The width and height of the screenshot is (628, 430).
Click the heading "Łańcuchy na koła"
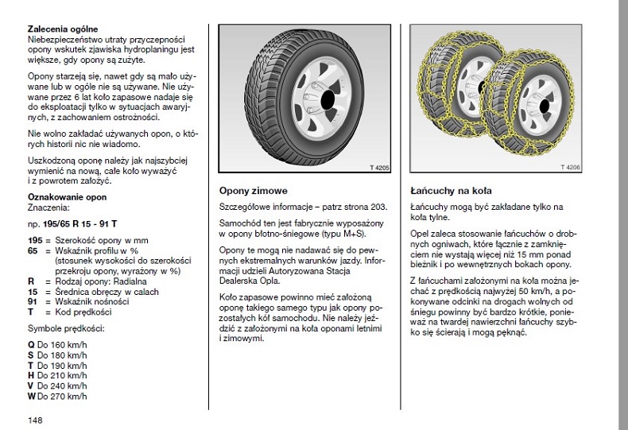coord(450,191)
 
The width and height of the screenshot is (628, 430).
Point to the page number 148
coord(34,420)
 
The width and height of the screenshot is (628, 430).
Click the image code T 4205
coord(380,168)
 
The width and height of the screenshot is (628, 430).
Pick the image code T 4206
coord(571,168)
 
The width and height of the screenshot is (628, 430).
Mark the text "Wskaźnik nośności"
coord(92,302)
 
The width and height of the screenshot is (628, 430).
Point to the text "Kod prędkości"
coord(82,312)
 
